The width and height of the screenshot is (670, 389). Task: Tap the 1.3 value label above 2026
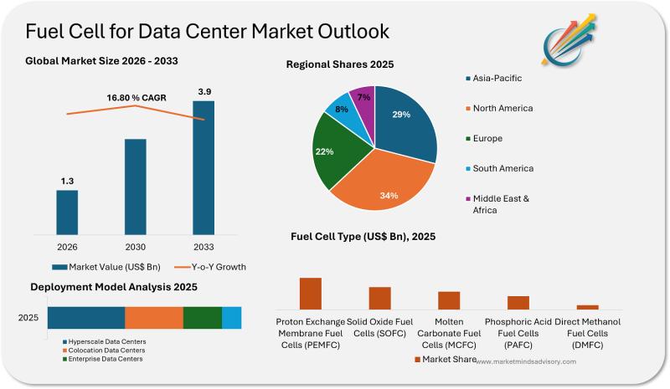click(x=67, y=181)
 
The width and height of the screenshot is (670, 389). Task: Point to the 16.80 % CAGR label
click(x=136, y=98)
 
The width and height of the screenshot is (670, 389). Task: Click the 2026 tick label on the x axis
click(x=67, y=247)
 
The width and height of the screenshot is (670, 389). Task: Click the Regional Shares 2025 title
click(x=339, y=64)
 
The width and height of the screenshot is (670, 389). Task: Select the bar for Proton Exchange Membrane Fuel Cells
click(x=311, y=294)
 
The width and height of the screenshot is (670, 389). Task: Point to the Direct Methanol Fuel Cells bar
click(x=588, y=307)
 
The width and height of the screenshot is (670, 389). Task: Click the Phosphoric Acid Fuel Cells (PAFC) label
click(x=518, y=333)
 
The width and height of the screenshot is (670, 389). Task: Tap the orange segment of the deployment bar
click(x=154, y=318)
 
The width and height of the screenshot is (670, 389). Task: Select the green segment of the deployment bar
click(x=203, y=318)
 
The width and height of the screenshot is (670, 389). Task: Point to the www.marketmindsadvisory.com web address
click(x=527, y=361)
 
